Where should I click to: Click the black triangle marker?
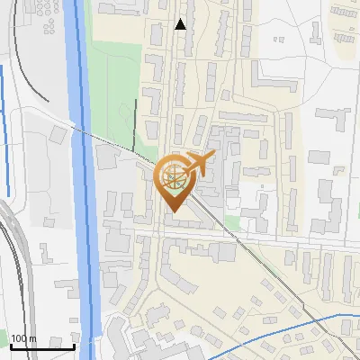[x=181, y=24]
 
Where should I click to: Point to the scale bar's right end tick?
[x=74, y=346]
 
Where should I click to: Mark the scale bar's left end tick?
[x=10, y=346]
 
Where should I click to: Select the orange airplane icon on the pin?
[x=200, y=163]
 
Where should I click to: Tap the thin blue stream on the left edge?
[x=4, y=126]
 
